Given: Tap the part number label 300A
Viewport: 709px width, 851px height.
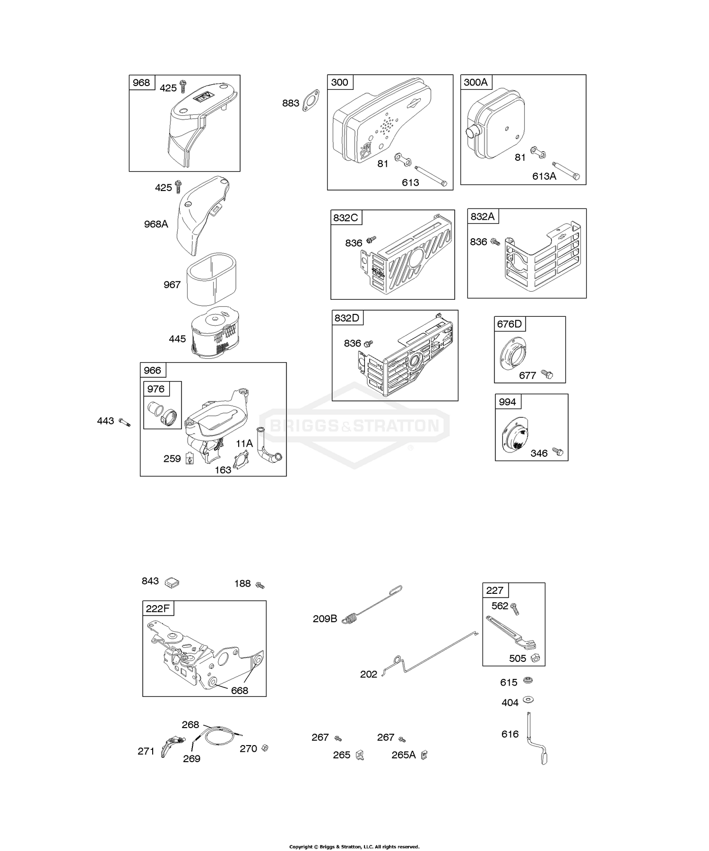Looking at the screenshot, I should point(476,82).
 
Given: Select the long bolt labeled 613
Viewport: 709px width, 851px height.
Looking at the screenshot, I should point(431,175).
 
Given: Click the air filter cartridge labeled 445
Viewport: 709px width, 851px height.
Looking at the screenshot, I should point(215,334).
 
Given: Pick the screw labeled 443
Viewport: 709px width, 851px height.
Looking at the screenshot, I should point(124,422).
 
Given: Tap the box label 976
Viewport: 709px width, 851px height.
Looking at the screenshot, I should point(156,389).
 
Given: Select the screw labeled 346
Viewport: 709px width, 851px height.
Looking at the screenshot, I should point(558,452).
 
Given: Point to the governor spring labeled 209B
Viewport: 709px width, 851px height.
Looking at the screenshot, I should point(373,606).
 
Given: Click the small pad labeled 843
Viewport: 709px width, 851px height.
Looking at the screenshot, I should point(172,582).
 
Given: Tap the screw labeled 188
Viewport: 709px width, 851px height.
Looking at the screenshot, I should point(259,585).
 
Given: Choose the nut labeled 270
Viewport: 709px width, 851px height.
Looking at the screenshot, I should point(265,748).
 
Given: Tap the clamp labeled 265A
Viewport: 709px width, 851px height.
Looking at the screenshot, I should point(424,755).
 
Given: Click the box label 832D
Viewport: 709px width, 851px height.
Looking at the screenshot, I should point(347,318).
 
